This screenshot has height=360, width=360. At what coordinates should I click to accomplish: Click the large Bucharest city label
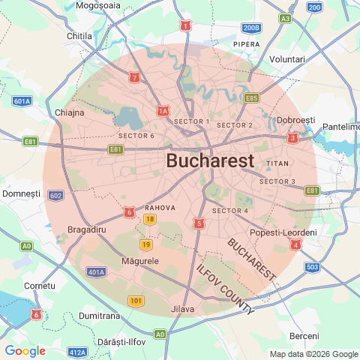coord(210,161)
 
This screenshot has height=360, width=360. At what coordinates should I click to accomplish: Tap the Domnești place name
coord(21,193)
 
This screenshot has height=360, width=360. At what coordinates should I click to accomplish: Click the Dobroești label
coord(296,121)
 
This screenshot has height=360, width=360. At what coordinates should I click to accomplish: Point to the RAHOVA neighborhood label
coord(160,207)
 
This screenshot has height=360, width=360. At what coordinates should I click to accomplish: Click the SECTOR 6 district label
coord(136,136)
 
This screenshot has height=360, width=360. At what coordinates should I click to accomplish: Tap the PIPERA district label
coord(247,44)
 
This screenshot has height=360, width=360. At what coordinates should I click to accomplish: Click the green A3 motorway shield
coord(285,18)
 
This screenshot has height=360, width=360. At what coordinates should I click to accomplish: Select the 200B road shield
coord(252,28)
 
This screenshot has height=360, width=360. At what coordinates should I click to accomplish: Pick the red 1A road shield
coord(163,112)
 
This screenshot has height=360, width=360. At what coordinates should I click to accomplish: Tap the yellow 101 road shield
coord(136,301)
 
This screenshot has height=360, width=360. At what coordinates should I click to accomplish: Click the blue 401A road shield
coord(96,271)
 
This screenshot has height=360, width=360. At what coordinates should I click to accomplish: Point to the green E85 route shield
coord(251,97)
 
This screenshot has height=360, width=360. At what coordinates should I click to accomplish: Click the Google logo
coord(25,351)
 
